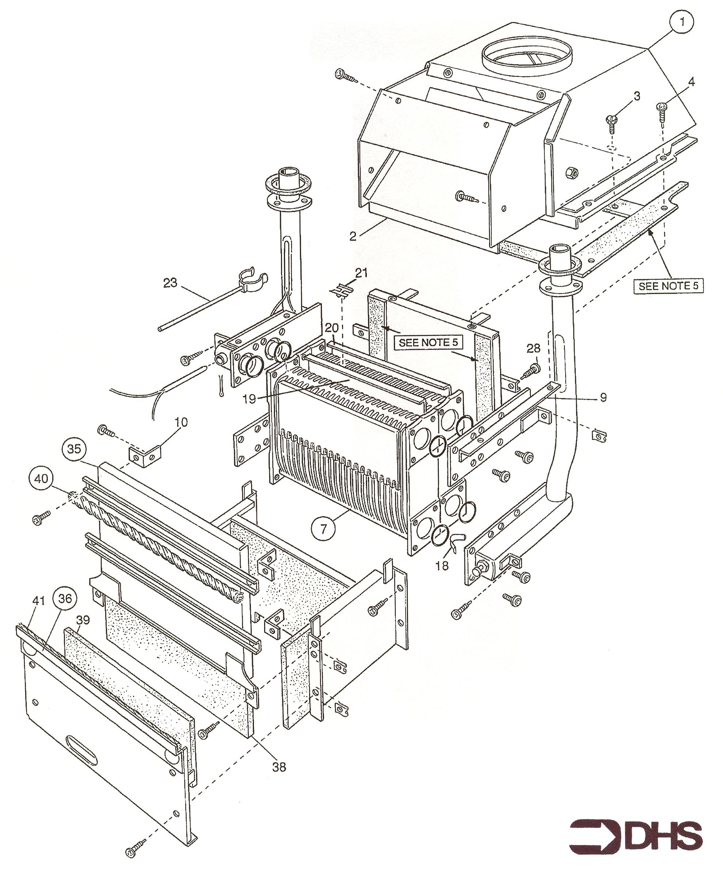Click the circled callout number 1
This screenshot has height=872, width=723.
click(x=682, y=22)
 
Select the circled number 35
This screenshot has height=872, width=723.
click(x=75, y=449)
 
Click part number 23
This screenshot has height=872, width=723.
click(x=170, y=283)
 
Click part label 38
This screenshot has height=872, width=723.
click(x=279, y=767)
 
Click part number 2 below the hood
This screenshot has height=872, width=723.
click(x=353, y=236)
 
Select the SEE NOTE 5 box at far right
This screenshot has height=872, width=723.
click(x=668, y=286)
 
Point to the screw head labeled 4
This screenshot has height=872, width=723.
click(x=661, y=107)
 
